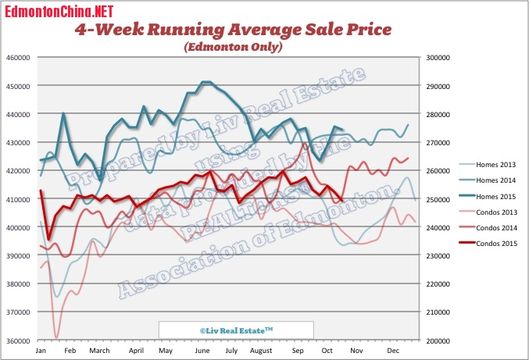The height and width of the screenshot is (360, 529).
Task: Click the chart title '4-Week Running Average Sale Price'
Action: pos(232,30)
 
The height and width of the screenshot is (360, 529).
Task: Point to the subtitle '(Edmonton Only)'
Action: pos(233,47)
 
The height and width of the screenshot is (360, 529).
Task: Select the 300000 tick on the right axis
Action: pos(437,58)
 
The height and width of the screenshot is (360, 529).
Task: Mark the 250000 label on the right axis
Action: pos(437,200)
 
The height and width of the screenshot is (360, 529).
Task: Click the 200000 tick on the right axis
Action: pos(437,341)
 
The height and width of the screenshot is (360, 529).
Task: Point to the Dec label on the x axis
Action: pos(394,352)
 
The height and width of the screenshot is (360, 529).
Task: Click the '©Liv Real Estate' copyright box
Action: pos(236,330)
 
